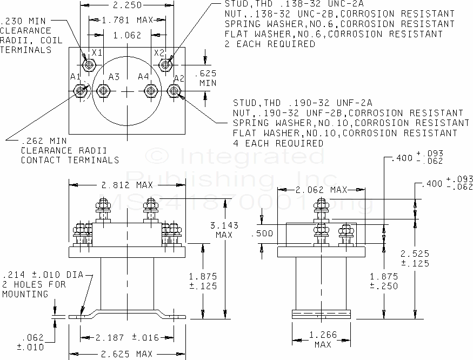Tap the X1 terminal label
coord(97,53)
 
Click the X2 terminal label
coord(158,53)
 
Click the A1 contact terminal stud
coord(81,91)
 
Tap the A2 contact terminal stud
coord(174,91)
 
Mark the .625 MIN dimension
coord(208,78)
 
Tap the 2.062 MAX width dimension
coord(320,190)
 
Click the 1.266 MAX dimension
coord(322,339)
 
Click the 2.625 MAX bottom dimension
coord(128,354)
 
